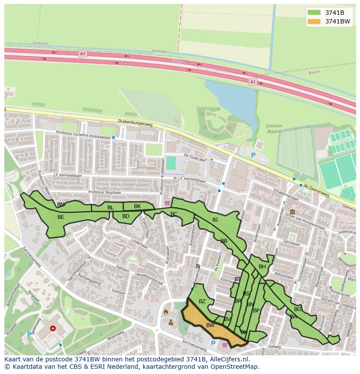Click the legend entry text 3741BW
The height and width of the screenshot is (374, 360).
[337, 21]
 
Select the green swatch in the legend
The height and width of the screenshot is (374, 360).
[313, 13]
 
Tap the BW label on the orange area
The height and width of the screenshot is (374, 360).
[210, 325]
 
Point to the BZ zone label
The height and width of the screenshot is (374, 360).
[202, 301]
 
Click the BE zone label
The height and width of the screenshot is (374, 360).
[61, 217]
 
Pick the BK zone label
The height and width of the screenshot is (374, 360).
[137, 206]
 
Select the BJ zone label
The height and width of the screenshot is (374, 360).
[215, 220]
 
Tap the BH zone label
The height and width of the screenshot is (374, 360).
[262, 267]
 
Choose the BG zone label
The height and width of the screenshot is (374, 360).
[297, 309]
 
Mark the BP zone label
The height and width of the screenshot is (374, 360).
[256, 310]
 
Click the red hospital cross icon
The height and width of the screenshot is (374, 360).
[53, 329]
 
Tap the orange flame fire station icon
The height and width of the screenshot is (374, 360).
[166, 312]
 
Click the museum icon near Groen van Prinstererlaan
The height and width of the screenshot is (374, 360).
[291, 212]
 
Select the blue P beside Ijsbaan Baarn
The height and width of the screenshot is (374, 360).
[253, 156]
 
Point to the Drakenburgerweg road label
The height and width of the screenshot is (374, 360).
[135, 123]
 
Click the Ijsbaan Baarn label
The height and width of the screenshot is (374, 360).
[274, 129]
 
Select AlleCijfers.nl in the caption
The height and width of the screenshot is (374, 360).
[230, 359]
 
